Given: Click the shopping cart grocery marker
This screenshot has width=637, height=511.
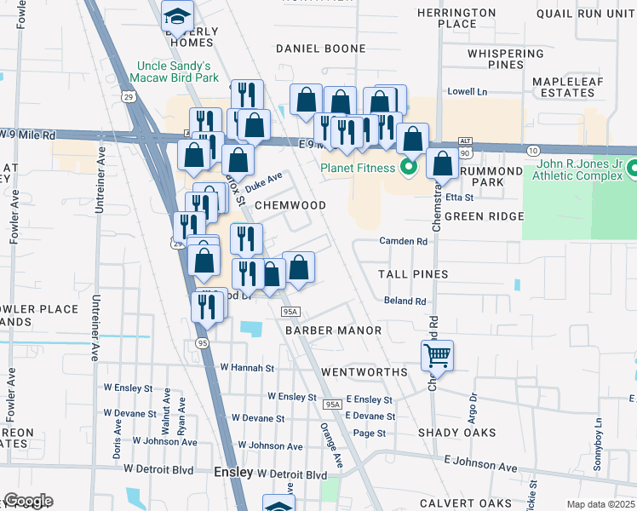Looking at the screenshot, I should click(x=437, y=354).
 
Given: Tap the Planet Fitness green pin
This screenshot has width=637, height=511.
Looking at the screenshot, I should click(x=407, y=167).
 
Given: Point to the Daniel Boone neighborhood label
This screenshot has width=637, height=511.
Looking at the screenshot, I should click(x=320, y=49).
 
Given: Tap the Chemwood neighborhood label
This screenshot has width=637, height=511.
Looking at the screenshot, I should click(x=290, y=205).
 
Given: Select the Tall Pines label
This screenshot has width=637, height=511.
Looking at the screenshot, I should click(x=414, y=274).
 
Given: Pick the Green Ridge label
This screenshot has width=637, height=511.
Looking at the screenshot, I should click(x=484, y=216).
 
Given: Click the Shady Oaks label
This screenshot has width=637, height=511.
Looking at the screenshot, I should click(x=457, y=433).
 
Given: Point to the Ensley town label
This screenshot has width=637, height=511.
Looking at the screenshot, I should click(x=232, y=472).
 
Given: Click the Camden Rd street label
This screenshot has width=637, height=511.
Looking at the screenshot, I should click(x=403, y=242).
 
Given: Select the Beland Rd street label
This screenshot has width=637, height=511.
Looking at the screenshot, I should click(x=405, y=301).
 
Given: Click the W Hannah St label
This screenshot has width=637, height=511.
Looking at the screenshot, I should click(x=247, y=368).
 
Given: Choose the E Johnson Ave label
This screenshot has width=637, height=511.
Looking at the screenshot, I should click(x=479, y=468).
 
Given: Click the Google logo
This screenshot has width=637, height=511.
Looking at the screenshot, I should click(x=27, y=501).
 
